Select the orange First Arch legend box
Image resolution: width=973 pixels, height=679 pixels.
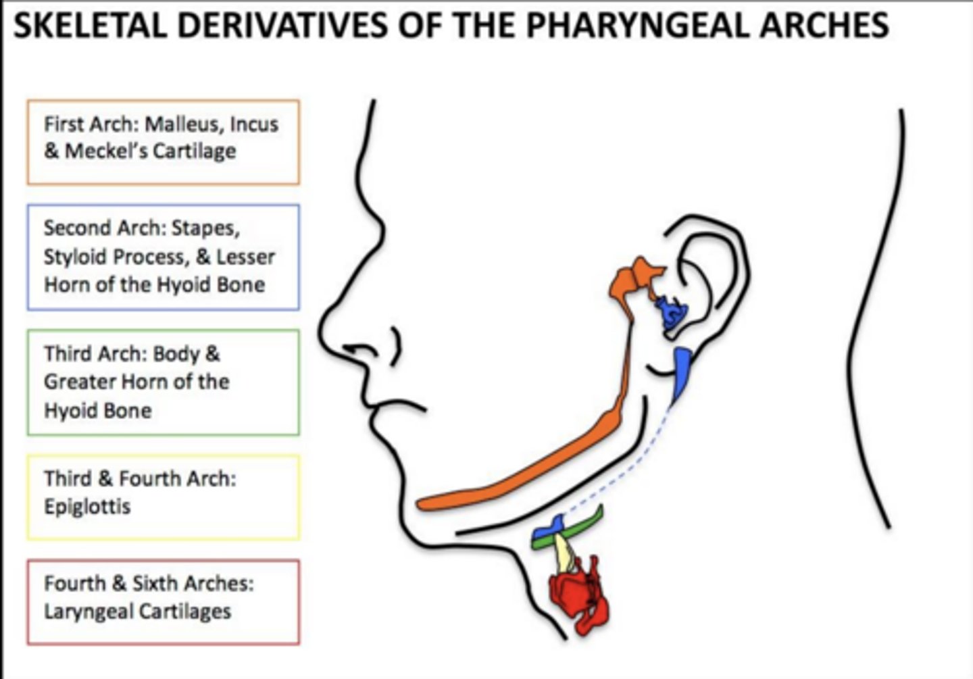(x=163, y=142)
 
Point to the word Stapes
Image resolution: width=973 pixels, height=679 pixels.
(x=205, y=228)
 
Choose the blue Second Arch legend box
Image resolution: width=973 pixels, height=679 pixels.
(x=163, y=257)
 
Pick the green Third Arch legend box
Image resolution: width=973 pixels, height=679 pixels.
(x=163, y=382)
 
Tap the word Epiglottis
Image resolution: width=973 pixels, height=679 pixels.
(x=87, y=507)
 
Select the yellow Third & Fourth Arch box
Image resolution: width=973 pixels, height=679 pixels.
(x=163, y=497)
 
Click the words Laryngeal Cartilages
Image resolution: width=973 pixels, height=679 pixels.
(x=137, y=611)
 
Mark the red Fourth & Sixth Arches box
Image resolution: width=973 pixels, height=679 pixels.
(x=163, y=601)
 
